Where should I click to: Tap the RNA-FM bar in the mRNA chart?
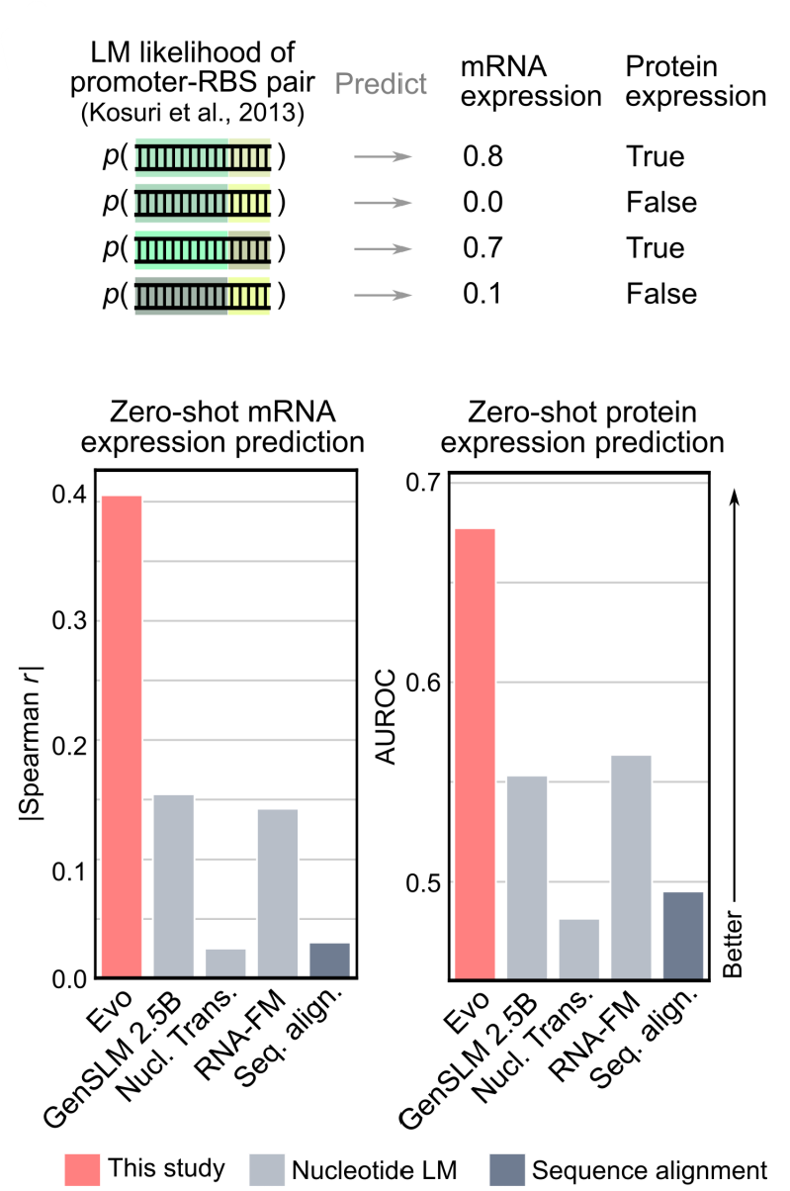[278, 893]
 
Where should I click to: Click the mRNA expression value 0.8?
[483, 156]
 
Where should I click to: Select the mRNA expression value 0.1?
[483, 293]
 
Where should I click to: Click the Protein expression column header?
[695, 81]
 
